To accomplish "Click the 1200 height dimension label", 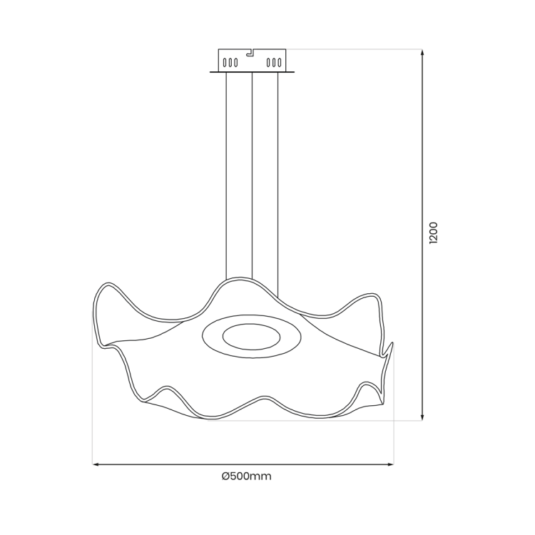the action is [433, 233].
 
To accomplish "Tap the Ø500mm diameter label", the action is [246, 476].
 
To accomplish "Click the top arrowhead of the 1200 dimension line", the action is [422, 53].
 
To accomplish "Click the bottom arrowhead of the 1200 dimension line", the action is [422, 417].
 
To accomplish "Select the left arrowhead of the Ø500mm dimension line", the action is [96, 464].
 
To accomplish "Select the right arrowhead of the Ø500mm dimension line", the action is [390, 464].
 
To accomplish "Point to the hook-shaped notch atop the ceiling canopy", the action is [250, 52].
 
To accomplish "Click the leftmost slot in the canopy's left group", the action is [225, 63].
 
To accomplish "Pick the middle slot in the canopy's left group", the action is [230, 63].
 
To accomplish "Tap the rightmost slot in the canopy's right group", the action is [280, 63].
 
